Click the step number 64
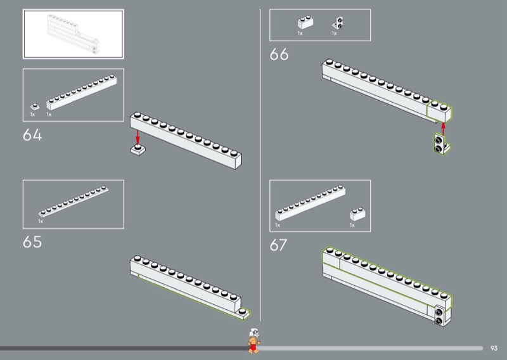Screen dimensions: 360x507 point(32,135)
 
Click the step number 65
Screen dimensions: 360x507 point(32,242)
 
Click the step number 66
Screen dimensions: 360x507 point(279,55)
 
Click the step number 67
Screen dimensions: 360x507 point(279,245)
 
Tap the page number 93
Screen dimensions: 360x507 point(494,347)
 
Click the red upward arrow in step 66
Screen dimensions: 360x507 point(443,127)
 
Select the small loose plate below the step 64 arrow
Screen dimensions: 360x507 point(138,150)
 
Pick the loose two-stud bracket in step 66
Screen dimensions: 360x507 point(439,145)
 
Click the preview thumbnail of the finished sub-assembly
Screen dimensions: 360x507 point(73,34)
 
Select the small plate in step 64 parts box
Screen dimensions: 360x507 point(34,106)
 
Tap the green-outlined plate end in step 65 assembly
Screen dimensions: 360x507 point(244,312)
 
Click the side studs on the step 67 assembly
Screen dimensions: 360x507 point(439,315)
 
